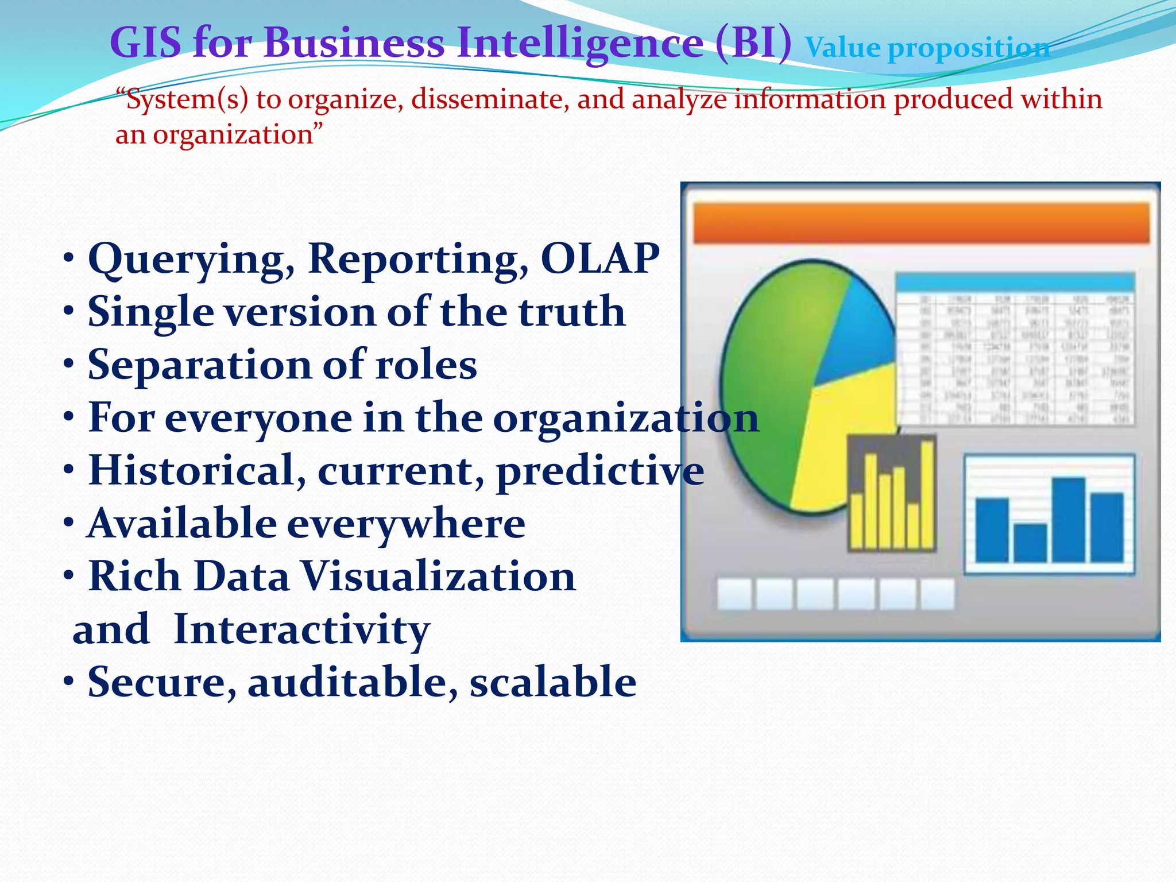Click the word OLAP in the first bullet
600,258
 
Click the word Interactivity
301,630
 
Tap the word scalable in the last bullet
552,682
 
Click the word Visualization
438,577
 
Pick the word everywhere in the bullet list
405,524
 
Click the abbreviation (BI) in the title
753,42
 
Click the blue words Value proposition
927,48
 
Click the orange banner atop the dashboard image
920,223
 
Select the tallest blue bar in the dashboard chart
1068,520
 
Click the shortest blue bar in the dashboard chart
1030,543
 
